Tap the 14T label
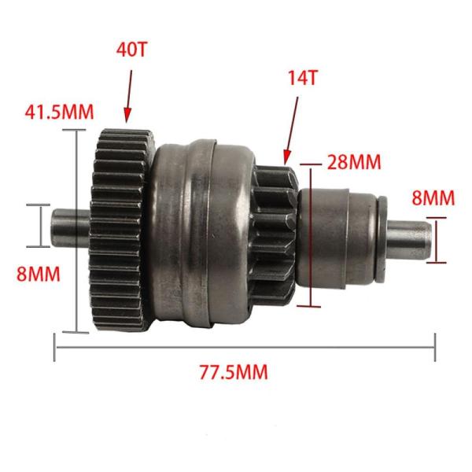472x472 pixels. click(302, 78)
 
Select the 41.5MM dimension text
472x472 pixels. click(59, 112)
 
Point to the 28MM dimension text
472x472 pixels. click(354, 161)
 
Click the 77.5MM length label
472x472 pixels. click(234, 372)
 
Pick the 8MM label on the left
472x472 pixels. click(39, 274)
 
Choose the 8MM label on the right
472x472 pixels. click(433, 197)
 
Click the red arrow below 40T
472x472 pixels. click(129, 97)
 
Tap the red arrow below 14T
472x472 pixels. click(291, 131)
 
